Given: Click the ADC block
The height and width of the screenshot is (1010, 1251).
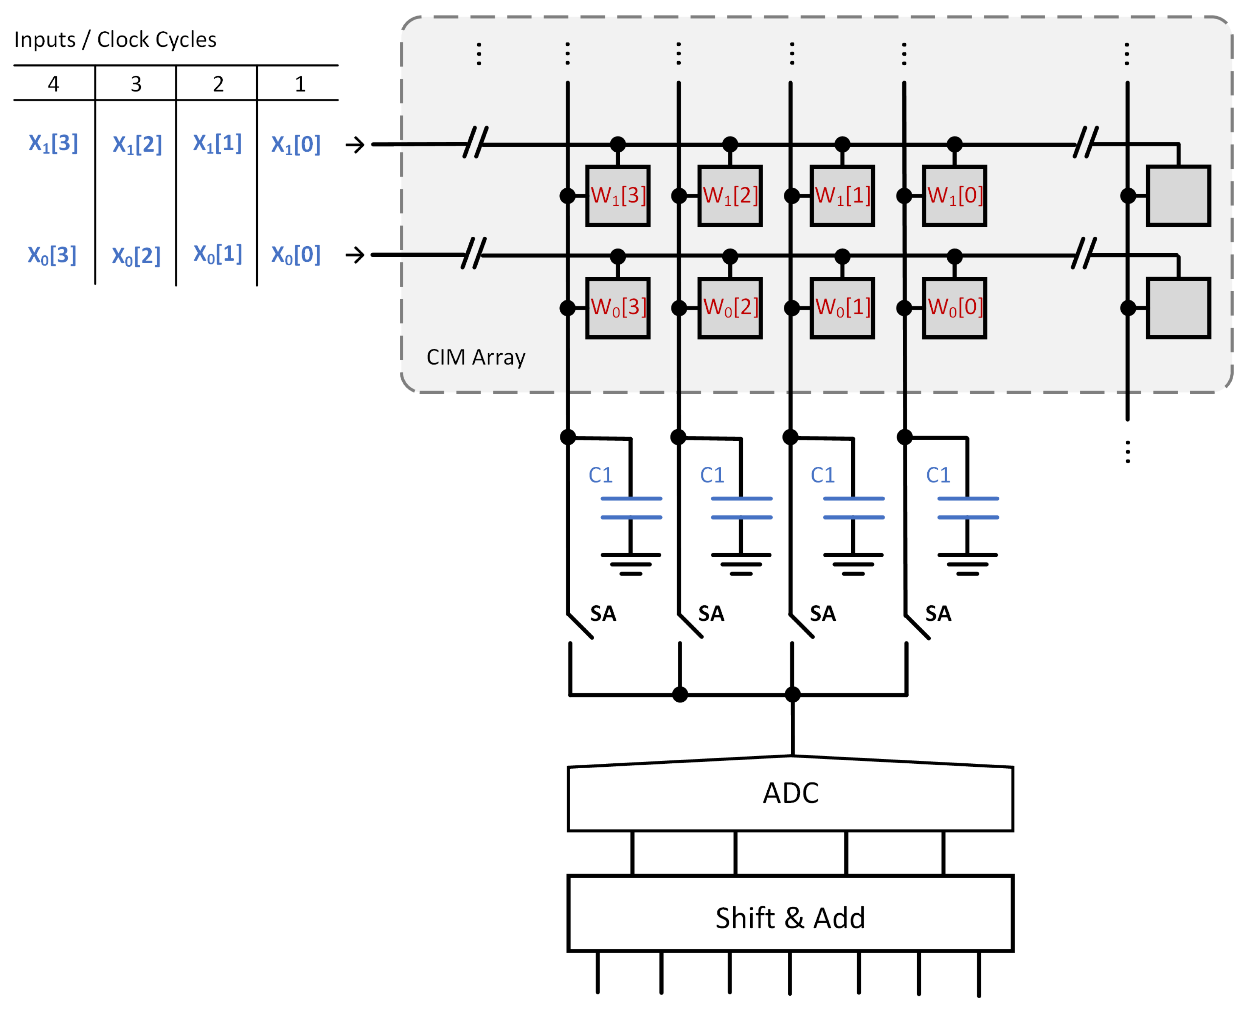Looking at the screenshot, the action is point(791,794).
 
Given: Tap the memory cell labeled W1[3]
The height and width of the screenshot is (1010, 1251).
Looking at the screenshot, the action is point(618,196).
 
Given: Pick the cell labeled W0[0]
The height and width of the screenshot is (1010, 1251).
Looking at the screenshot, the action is point(955,308).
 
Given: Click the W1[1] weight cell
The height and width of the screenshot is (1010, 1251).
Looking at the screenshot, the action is point(843,196).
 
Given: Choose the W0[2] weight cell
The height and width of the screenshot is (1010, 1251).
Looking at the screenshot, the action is point(731,308).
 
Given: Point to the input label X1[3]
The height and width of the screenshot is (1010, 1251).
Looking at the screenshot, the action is point(53,143).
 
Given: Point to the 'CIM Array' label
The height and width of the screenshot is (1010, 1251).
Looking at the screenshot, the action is point(476,357).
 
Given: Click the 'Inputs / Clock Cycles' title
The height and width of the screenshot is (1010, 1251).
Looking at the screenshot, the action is point(115,40).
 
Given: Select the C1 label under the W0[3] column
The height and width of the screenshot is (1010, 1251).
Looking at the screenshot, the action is point(601,475).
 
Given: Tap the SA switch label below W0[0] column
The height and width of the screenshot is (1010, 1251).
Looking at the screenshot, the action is point(938,614).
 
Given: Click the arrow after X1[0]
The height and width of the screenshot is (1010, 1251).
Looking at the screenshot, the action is point(355,144).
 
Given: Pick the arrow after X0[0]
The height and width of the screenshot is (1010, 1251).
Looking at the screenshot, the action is point(355,255).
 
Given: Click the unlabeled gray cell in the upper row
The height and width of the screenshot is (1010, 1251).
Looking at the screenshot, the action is point(1179,196).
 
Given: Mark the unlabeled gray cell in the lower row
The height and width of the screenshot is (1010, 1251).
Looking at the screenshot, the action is point(1179,308).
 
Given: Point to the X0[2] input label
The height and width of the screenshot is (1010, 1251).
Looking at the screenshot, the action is point(136,256).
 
